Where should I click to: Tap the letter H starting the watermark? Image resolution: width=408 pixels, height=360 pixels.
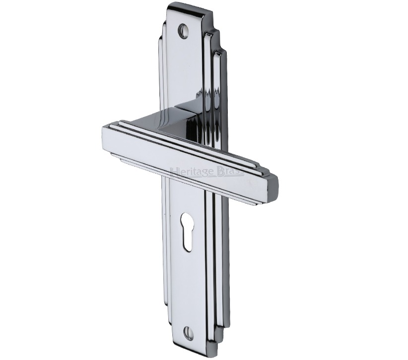click(x=175, y=172)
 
